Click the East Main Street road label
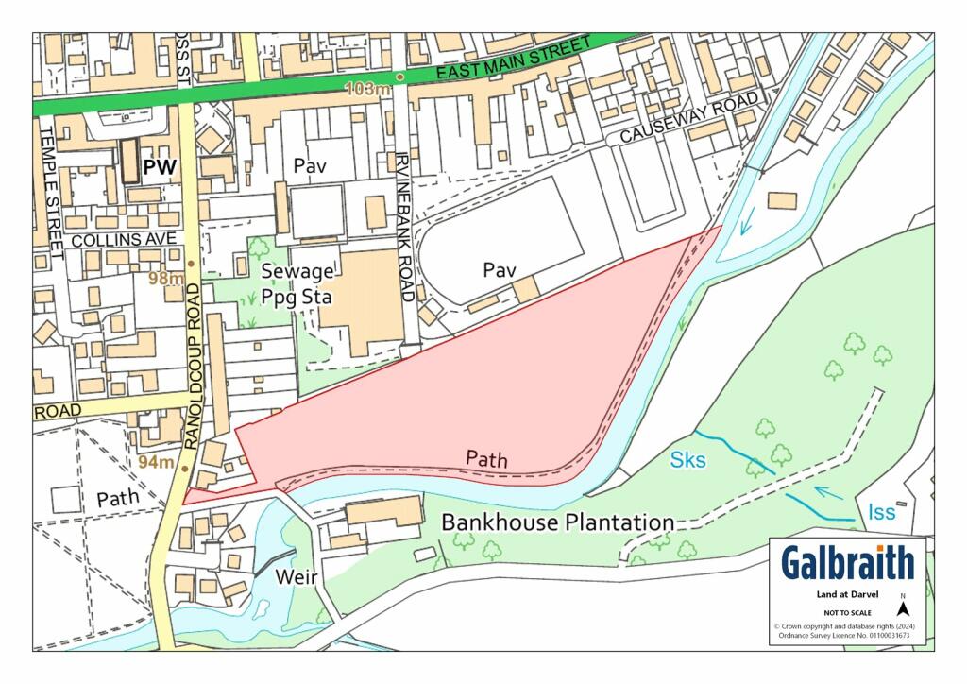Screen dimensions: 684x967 pos(501,60)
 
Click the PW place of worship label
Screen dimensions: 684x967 pos(161,167)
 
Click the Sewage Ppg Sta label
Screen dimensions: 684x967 pos(297,283)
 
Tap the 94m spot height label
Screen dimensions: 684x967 pos(156,462)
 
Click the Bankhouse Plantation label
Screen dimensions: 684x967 pos(558,522)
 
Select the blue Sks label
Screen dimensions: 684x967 pos(688,460)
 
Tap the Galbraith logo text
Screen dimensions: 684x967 pos(847,563)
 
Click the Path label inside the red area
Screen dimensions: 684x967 pos(487,459)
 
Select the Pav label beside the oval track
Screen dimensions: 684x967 pos(500,270)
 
